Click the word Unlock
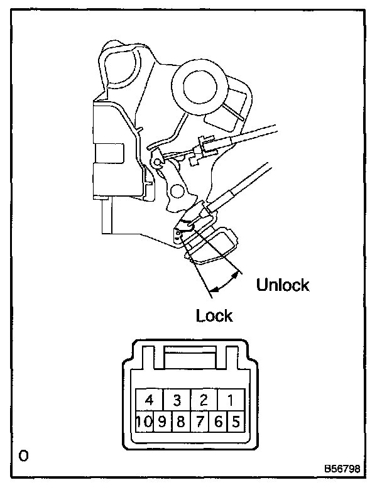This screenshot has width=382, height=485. [283, 285]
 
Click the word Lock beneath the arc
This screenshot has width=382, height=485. [214, 315]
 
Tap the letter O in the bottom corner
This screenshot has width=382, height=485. [23, 455]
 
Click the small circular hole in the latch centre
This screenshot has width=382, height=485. [178, 189]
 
